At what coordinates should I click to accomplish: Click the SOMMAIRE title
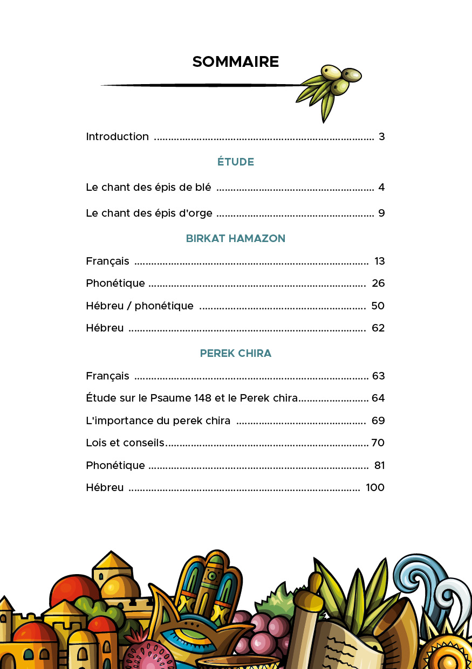point(236,62)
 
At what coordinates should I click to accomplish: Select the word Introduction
point(118,136)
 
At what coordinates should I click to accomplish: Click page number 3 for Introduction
point(381,136)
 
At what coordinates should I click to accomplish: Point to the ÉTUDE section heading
point(236,162)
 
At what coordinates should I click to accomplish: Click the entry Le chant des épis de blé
point(148,188)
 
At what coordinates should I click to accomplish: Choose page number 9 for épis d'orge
point(381,213)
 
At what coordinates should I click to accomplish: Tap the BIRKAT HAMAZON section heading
point(236,238)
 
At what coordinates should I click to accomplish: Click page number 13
point(379,261)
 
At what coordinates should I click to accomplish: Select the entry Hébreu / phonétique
point(140,306)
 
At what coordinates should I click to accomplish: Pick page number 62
point(378,328)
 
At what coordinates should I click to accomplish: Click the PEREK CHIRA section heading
point(236,354)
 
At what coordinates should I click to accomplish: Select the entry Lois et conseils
point(125,443)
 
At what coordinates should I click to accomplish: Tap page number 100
point(375,488)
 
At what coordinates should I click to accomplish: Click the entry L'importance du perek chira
point(158,420)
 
